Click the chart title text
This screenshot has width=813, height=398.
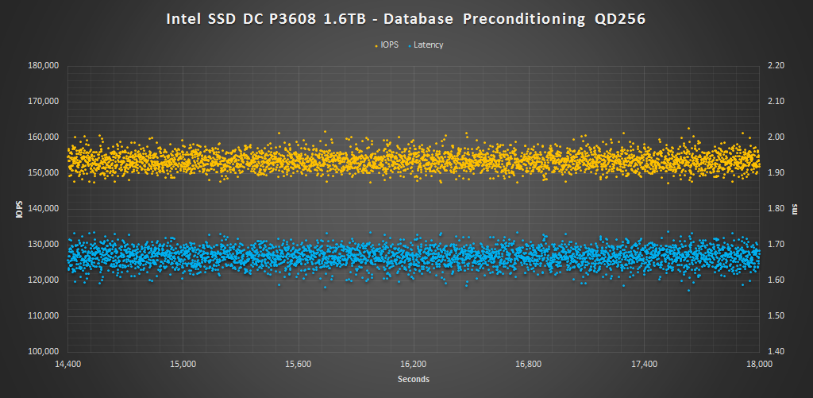pos(406,18)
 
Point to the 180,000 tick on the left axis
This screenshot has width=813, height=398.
pos(44,66)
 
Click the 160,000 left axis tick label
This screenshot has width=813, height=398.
pos(44,137)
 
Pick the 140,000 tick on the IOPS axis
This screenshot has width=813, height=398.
pos(44,209)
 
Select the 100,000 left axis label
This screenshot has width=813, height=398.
pos(44,352)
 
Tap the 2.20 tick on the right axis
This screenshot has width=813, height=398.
pos(774,66)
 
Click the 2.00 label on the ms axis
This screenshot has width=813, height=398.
pos(774,137)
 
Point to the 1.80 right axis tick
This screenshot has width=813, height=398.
pos(774,209)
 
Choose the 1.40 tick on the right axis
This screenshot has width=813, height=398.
pos(774,352)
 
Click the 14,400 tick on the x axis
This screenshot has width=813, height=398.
pos(68,365)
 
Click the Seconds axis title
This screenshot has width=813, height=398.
pos(414,380)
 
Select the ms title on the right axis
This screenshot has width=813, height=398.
pos(795,209)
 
